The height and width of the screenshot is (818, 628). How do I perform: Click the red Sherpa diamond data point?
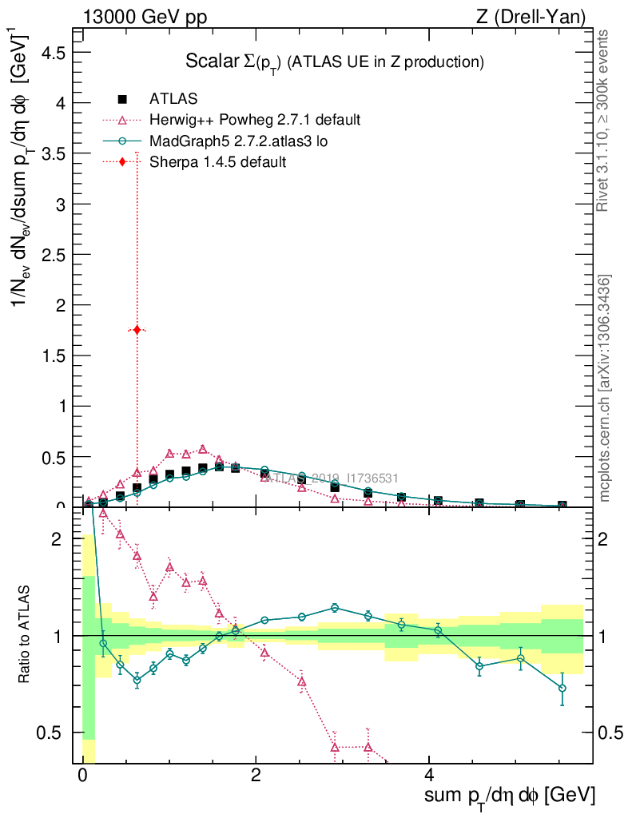137,329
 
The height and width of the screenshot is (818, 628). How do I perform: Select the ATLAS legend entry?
173,99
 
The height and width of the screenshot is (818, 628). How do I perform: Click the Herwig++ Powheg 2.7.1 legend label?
255,120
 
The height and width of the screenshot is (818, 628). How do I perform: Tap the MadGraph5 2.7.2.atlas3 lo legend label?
239,141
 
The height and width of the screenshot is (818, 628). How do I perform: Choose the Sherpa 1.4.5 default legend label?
217,161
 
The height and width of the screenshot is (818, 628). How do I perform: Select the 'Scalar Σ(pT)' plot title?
335,62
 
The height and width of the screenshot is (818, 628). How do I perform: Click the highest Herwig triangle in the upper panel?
203,449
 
